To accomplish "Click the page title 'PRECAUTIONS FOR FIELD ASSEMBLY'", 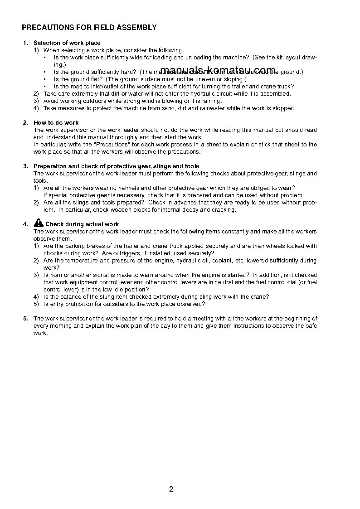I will tap(89, 28).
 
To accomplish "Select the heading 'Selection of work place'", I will tap(67, 43).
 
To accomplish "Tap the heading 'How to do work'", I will tap(56, 123).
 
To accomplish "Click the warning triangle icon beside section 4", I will tap(38, 223).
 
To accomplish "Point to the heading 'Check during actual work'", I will tap(82, 224).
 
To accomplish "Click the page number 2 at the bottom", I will tap(171, 489).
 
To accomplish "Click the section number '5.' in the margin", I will tap(25, 319).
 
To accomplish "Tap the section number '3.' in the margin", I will tap(25, 166).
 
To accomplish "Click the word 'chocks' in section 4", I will tap(53, 253).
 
